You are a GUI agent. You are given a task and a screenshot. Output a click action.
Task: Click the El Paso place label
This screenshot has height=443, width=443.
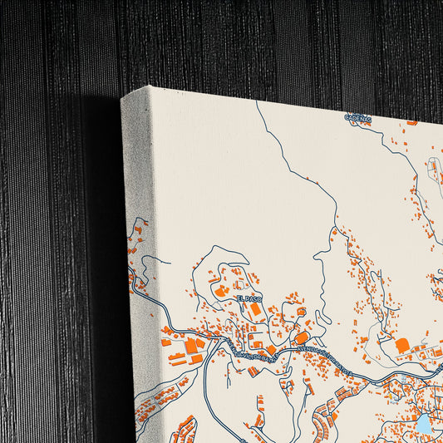click(x=248, y=298)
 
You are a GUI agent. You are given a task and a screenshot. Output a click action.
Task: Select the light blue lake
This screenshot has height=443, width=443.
click(x=424, y=423)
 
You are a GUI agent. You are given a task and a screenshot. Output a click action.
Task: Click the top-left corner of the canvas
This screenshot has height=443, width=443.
click(x=122, y=99)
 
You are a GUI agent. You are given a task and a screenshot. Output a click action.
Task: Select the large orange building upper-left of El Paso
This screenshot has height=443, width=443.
click(x=222, y=292)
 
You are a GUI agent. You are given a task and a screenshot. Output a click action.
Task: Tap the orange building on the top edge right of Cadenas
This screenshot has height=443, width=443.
click(x=411, y=122)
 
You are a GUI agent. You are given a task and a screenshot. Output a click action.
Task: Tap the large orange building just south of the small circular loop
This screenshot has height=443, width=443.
click(x=302, y=337)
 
